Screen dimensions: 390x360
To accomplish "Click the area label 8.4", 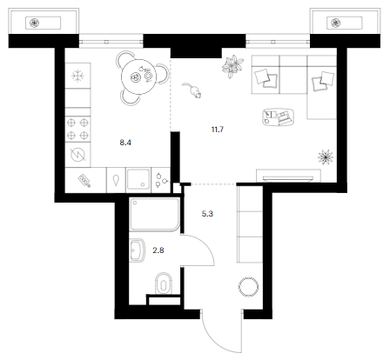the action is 125,143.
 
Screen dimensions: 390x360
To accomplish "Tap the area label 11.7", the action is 218,130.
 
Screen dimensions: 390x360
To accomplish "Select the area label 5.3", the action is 207,214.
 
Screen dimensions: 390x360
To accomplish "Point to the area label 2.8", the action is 158,250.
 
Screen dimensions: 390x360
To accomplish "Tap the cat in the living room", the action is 192,90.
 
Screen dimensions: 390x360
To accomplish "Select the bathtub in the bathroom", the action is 154,214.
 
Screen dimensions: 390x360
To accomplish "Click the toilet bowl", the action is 164,283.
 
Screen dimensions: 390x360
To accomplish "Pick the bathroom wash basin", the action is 137,250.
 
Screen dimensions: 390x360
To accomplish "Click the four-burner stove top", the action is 77,129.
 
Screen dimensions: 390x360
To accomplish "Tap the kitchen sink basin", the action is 138,179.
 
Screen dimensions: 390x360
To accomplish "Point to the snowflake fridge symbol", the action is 77,77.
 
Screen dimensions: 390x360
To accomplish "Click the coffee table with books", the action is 278,117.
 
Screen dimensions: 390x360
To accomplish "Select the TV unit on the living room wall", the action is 288,176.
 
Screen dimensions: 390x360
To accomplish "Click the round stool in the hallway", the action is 248,287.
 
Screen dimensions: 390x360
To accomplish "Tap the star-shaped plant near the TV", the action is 326,157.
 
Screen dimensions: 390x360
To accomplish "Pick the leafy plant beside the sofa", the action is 232,66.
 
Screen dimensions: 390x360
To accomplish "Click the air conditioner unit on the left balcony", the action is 44,23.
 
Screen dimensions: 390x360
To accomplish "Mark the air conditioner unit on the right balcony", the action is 345,23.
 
